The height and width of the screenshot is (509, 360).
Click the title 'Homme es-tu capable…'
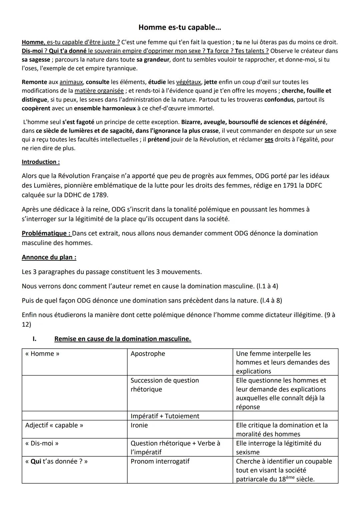coord(180,27)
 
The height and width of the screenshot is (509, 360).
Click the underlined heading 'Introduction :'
coord(41,162)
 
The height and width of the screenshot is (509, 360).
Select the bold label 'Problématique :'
coord(46,233)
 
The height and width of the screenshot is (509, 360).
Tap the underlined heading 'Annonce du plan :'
coord(49,257)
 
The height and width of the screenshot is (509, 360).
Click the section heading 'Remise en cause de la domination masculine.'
coord(123,339)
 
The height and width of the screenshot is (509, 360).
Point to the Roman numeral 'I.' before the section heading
coord(34,339)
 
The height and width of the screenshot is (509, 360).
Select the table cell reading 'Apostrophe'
coord(148,354)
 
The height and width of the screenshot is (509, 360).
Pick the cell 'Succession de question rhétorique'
coord(165,385)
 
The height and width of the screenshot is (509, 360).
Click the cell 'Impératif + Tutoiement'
coord(165,416)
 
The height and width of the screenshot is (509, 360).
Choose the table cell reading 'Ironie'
coord(139,425)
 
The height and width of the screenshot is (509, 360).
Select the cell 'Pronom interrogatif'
coord(160,461)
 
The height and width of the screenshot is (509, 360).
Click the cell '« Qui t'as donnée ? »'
coord(56,461)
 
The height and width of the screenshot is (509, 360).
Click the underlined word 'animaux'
coord(71,82)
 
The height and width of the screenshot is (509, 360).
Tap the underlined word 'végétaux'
coord(188,82)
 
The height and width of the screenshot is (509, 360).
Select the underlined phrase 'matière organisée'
coord(99,91)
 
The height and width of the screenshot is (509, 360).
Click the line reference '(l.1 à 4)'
coord(267,286)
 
